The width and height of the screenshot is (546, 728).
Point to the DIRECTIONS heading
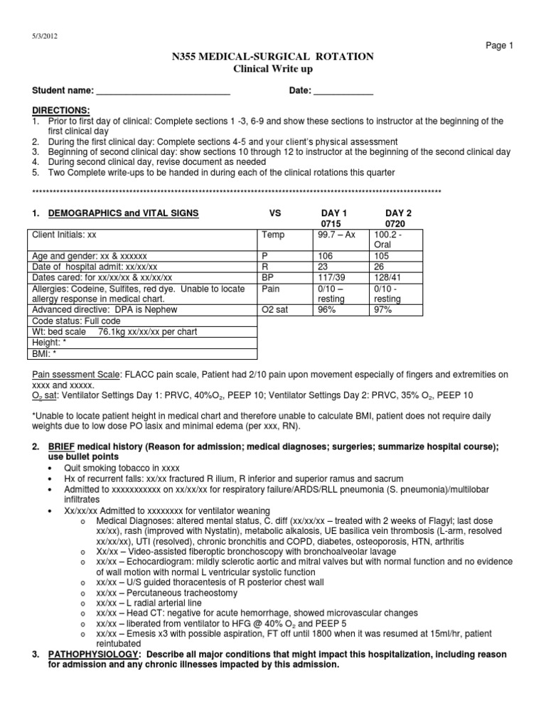click(x=61, y=110)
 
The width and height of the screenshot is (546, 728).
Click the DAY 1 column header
click(x=335, y=213)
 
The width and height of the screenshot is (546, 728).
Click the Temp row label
click(x=273, y=234)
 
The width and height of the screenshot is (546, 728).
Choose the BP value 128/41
click(x=387, y=277)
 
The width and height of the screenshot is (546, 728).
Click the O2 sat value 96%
click(x=329, y=310)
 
